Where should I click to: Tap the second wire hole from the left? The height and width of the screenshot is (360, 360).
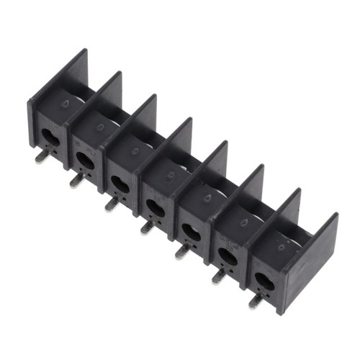pyautogui.click(x=84, y=158)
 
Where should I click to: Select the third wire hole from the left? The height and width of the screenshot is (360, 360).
pyautogui.click(x=120, y=183)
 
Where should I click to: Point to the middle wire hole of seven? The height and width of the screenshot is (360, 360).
pyautogui.click(x=155, y=207)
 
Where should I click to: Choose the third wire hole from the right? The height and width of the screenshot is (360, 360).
pyautogui.click(x=191, y=231)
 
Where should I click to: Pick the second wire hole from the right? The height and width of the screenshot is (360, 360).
pyautogui.click(x=227, y=255)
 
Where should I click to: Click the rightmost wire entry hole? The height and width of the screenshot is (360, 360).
pyautogui.click(x=264, y=279)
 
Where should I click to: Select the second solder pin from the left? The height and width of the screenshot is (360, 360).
pyautogui.click(x=76, y=180)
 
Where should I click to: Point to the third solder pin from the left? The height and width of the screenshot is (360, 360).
pyautogui.click(x=111, y=204)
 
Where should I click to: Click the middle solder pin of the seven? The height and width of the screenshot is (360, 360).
pyautogui.click(x=146, y=228)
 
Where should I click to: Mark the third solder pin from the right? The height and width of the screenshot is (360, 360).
pyautogui.click(x=182, y=251)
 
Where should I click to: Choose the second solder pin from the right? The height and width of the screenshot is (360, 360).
pyautogui.click(x=218, y=276)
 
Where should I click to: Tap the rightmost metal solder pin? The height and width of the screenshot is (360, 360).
pyautogui.click(x=255, y=300)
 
